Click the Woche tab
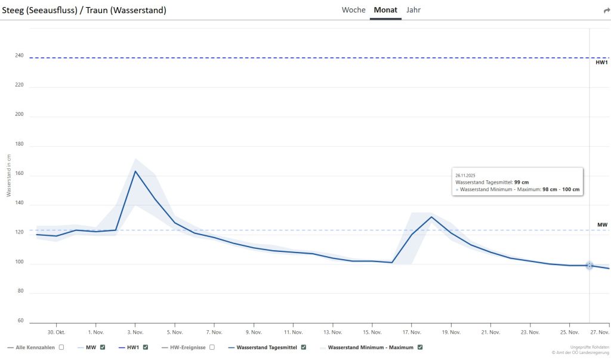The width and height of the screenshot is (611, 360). click(353, 10)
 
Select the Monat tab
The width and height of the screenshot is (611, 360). click(385, 10)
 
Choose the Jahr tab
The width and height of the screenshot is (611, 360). click(413, 10)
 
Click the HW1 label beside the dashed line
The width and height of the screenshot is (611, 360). click(601, 62)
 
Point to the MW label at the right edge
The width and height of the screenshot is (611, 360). click(602, 225)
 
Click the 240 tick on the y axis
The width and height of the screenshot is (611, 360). click(20, 56)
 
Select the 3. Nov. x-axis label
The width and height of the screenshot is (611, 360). click(135, 332)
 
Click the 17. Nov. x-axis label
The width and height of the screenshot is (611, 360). click(412, 332)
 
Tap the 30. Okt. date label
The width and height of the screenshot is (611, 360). click(56, 332)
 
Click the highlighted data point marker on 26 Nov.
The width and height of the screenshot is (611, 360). click(590, 266)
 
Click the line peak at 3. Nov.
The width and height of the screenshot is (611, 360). click(135, 171)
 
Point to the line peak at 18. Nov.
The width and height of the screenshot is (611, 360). click(431, 217)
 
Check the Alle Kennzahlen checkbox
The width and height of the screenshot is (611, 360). click(61, 347)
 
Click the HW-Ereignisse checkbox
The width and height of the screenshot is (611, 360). click(212, 347)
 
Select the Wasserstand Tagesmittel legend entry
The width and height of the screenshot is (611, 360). click(266, 347)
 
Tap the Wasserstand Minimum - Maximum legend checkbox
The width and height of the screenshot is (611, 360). click(419, 347)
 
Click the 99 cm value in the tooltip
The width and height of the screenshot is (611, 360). click(521, 182)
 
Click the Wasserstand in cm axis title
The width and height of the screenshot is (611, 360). click(9, 175)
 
